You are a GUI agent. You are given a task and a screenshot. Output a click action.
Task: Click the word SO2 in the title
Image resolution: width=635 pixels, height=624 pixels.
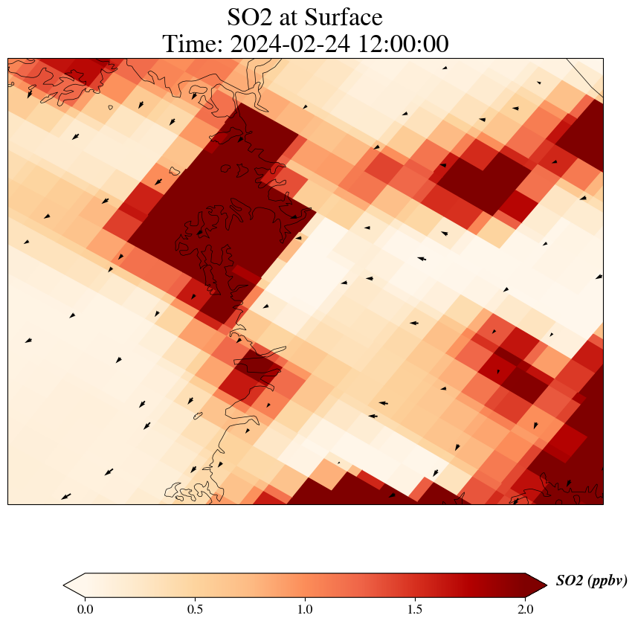[x=249, y=18]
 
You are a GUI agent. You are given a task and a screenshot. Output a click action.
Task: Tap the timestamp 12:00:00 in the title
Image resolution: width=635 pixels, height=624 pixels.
[x=403, y=45]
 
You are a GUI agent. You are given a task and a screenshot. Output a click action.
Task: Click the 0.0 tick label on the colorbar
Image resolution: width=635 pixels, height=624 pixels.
[x=85, y=610]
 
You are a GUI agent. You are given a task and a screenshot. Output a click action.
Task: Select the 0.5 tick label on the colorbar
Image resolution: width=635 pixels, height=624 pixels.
[x=195, y=610]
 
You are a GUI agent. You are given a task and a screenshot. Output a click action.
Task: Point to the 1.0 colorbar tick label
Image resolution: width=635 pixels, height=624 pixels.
[x=305, y=610]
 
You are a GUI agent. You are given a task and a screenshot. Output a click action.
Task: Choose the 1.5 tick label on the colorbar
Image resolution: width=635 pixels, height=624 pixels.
[x=415, y=610]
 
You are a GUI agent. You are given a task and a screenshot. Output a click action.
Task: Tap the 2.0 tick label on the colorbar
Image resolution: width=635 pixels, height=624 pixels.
[x=525, y=610]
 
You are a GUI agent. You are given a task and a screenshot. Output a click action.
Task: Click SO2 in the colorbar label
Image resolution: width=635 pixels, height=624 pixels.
[x=570, y=581]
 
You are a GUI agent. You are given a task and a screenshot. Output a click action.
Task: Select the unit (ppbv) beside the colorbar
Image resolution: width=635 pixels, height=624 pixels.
[x=607, y=581]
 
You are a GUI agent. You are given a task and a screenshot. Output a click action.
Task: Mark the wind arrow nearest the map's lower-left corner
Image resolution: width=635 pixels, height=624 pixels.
[x=66, y=496]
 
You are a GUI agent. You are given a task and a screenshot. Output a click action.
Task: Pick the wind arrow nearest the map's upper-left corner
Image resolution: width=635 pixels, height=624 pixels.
[x=30, y=94]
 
